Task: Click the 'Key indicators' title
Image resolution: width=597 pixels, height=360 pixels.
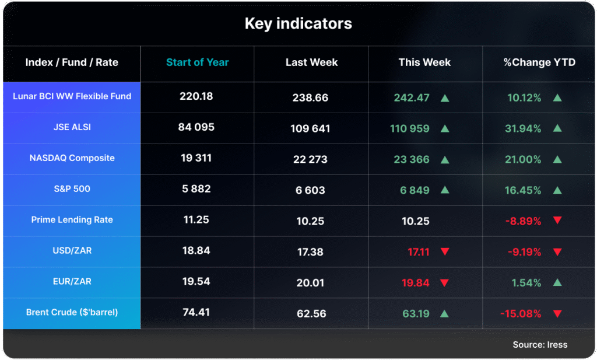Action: [298, 24]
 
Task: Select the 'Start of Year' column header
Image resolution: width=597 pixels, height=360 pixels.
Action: [197, 62]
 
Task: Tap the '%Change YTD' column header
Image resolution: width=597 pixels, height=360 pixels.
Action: [539, 62]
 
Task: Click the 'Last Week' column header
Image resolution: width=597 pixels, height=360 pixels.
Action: [311, 62]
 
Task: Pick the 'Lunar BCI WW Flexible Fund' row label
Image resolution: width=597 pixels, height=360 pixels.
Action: [72, 96]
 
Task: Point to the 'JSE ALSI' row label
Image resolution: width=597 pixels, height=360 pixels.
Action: [72, 127]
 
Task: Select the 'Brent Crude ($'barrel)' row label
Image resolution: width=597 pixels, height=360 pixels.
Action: [72, 312]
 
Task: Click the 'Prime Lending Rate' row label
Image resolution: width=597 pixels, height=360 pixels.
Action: [72, 220]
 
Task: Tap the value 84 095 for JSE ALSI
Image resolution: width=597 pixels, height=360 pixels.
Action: [196, 127]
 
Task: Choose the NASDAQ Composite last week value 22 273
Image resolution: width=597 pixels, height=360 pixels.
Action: [310, 159]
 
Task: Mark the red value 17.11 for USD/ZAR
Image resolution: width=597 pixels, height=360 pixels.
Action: [419, 252]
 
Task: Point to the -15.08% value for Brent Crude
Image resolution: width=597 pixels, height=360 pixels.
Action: [521, 314]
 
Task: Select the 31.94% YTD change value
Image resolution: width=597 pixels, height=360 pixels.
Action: [524, 128]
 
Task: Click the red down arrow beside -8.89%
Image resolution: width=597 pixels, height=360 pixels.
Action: [557, 221]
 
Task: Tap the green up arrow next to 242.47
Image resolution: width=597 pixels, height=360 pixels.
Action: [445, 97]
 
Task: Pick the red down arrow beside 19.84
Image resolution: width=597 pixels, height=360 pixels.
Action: [445, 283]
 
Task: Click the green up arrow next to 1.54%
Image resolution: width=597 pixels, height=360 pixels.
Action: [557, 282]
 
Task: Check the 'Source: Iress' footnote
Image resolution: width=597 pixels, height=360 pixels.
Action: [540, 344]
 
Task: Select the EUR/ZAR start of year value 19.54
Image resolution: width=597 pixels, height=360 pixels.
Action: [196, 281]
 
